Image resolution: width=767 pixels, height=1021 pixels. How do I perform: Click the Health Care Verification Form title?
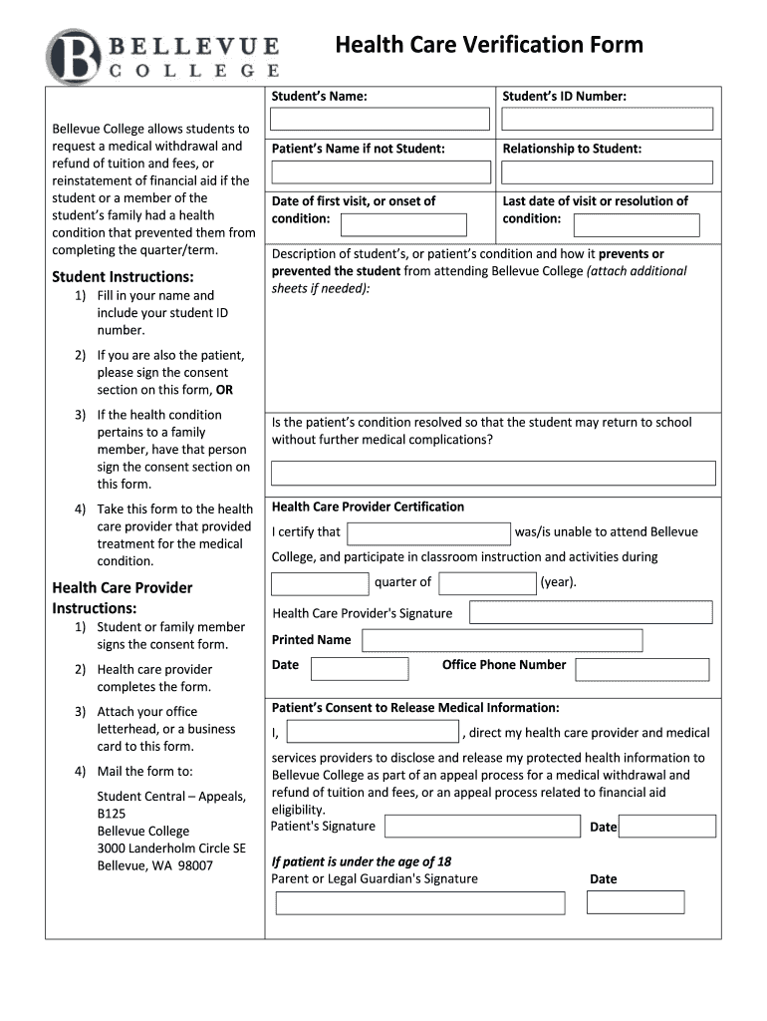[x=488, y=45]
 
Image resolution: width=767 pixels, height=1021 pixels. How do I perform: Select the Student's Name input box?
[x=381, y=120]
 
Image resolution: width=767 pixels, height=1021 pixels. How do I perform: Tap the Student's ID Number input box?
[x=608, y=120]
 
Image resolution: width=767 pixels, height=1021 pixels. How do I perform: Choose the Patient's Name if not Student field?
[x=381, y=172]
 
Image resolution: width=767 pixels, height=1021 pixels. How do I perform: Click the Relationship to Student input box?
[x=608, y=172]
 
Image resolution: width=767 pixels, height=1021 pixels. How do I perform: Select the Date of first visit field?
[x=417, y=224]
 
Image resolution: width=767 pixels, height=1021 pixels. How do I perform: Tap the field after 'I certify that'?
[x=428, y=533]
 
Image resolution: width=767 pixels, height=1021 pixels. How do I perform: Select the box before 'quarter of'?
[x=320, y=583]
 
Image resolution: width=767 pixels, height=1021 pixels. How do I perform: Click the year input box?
[x=487, y=583]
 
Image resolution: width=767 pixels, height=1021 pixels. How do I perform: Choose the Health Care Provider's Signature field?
[x=591, y=612]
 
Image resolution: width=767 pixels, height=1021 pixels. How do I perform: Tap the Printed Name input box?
[x=502, y=640]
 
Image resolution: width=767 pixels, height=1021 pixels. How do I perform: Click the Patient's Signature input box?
[x=481, y=827]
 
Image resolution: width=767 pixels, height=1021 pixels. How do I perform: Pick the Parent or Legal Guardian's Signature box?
[x=420, y=903]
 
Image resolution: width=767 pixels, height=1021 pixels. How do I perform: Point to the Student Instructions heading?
[x=123, y=276]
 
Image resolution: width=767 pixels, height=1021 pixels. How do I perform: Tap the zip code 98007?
[x=195, y=865]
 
